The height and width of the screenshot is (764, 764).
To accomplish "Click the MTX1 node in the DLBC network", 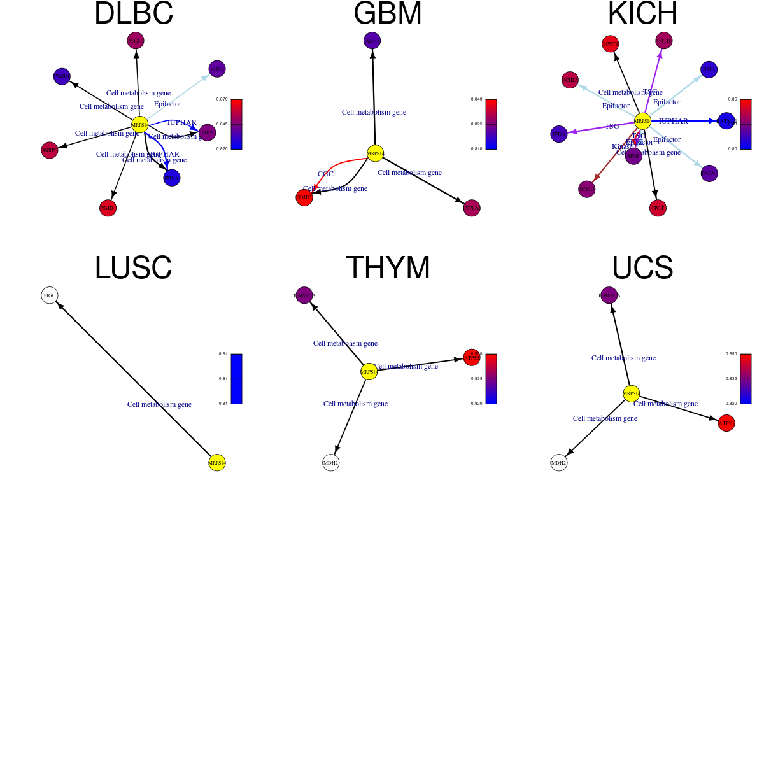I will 136,41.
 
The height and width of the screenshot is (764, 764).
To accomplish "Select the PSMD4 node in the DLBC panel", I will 108,208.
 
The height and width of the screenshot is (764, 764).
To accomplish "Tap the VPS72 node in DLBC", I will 217,69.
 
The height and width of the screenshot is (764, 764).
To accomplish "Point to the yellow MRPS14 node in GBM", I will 376,153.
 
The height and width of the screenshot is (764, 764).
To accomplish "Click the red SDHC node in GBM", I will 304,197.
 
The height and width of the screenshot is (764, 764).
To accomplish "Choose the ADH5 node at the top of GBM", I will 372,41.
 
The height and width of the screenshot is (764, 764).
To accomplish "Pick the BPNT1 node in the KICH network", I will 611,44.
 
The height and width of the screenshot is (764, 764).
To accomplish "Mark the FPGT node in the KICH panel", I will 658,208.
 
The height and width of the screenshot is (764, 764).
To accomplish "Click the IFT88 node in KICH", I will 559,134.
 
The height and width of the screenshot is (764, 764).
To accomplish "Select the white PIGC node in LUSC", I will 50,295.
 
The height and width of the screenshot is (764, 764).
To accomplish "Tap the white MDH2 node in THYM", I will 331,463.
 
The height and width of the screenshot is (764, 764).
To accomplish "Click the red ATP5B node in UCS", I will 726,423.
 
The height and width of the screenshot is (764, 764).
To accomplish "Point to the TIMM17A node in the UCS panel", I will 609,295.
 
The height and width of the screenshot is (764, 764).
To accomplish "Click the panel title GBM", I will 388,14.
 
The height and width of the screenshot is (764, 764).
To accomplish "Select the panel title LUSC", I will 133,268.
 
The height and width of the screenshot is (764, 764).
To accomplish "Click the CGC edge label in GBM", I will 325,174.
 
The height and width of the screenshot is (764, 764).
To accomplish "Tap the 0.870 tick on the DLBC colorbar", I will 222,99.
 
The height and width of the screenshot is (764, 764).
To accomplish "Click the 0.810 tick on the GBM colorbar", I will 477,149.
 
